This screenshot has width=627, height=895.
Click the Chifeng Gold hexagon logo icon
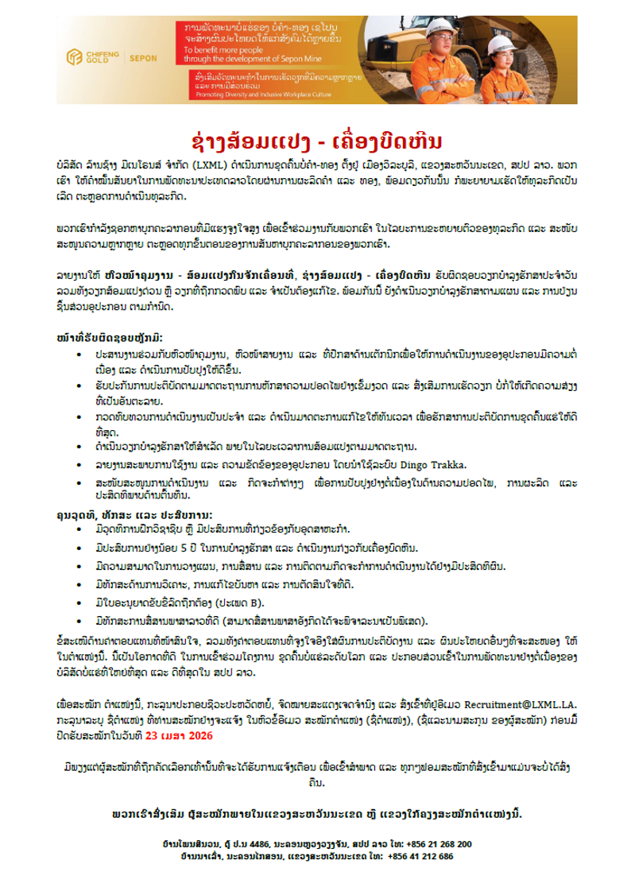pyautogui.click(x=75, y=56)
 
